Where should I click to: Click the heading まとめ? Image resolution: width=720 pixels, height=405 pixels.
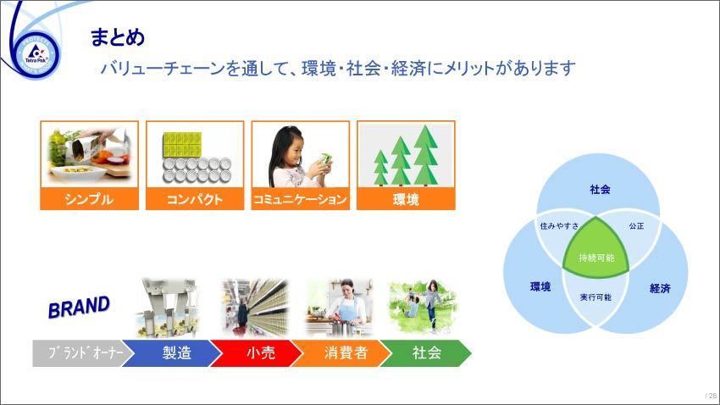(x=118, y=37)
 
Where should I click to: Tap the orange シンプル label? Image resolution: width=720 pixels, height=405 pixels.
(x=89, y=199)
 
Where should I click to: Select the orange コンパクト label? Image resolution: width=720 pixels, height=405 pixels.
(x=195, y=199)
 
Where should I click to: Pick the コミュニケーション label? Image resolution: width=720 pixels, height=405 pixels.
(x=301, y=199)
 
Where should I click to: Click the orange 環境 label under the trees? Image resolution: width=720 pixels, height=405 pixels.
(x=406, y=199)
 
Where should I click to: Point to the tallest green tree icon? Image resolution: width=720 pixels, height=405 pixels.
(x=426, y=155)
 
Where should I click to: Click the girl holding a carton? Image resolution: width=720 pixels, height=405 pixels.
(x=299, y=157)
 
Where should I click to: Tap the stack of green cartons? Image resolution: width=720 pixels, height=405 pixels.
(x=182, y=145)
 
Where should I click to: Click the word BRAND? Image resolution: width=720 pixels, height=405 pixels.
(x=79, y=308)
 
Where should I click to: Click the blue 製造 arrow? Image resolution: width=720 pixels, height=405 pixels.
(x=172, y=353)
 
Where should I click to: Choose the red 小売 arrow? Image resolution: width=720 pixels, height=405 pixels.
(x=257, y=353)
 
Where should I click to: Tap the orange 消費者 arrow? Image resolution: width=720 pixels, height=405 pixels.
(x=341, y=353)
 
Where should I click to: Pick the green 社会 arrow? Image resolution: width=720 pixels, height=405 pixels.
(x=426, y=353)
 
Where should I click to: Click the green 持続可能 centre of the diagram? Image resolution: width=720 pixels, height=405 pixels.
(x=596, y=250)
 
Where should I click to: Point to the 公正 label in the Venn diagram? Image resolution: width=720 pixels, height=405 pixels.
(x=636, y=226)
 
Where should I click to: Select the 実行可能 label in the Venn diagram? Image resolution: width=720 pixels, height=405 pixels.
(x=595, y=297)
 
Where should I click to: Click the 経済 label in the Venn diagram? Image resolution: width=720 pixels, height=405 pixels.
(x=660, y=288)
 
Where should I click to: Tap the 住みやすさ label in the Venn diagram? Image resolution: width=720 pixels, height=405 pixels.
(x=559, y=226)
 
